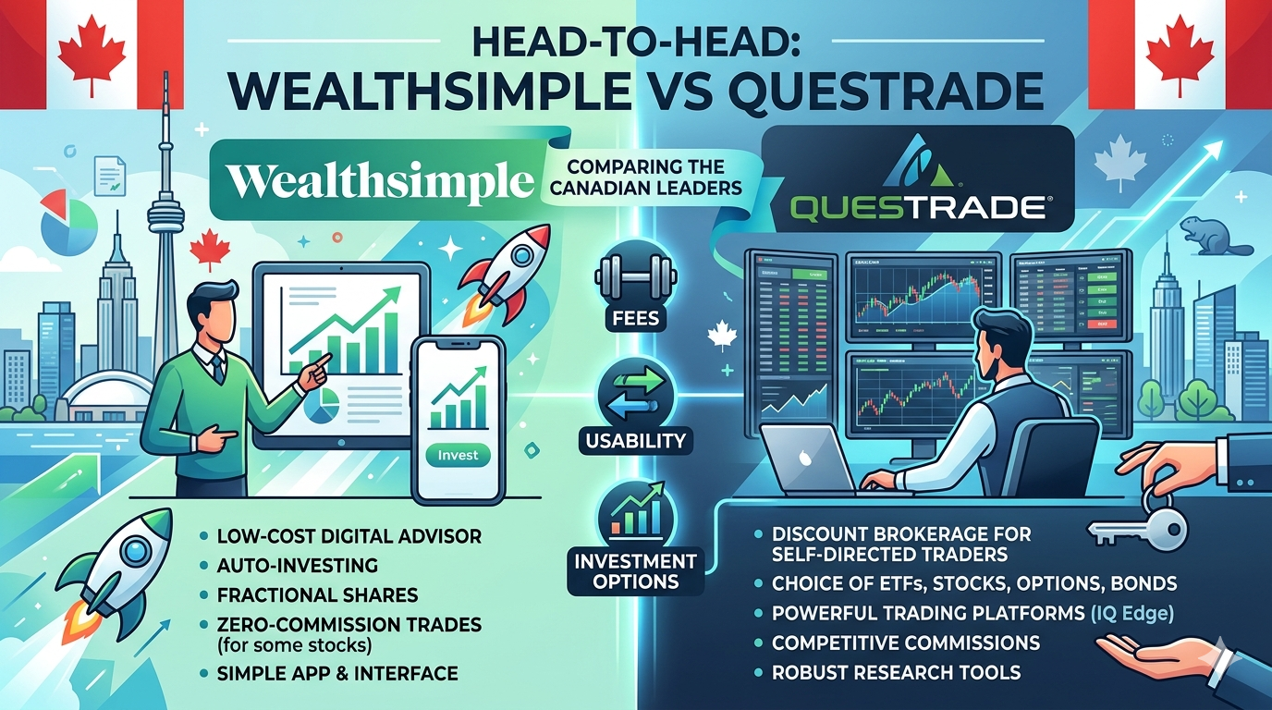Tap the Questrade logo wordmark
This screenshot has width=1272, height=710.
coord(917,205)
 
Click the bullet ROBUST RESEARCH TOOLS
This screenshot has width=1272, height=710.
coord(896,672)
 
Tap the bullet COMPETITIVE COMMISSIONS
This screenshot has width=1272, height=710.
coord(906,643)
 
